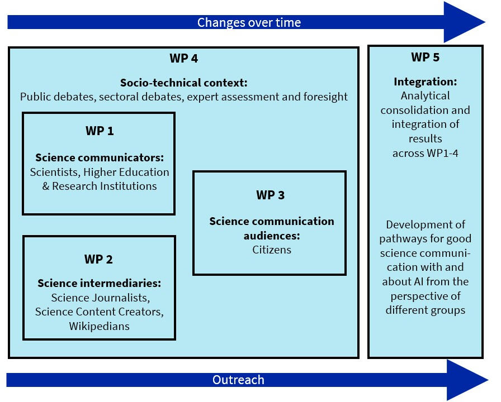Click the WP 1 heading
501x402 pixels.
click(x=99, y=131)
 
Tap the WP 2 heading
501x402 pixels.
click(x=98, y=259)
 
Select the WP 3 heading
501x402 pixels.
click(x=270, y=195)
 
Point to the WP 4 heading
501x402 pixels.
click(x=183, y=58)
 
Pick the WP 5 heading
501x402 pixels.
click(x=425, y=57)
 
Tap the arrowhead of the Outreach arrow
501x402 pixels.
click(x=467, y=380)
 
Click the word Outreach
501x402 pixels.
click(x=238, y=380)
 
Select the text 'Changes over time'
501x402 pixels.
click(x=249, y=22)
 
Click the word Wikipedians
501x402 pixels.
click(x=100, y=326)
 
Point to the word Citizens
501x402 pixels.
click(x=272, y=250)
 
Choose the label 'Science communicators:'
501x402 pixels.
click(x=99, y=157)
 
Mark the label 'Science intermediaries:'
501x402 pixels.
click(x=99, y=283)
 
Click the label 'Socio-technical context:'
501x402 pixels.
click(x=183, y=83)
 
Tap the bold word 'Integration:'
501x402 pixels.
click(x=425, y=82)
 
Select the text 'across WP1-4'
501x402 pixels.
click(x=425, y=153)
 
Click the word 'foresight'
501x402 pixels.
click(x=324, y=97)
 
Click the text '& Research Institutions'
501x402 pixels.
click(x=100, y=186)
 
